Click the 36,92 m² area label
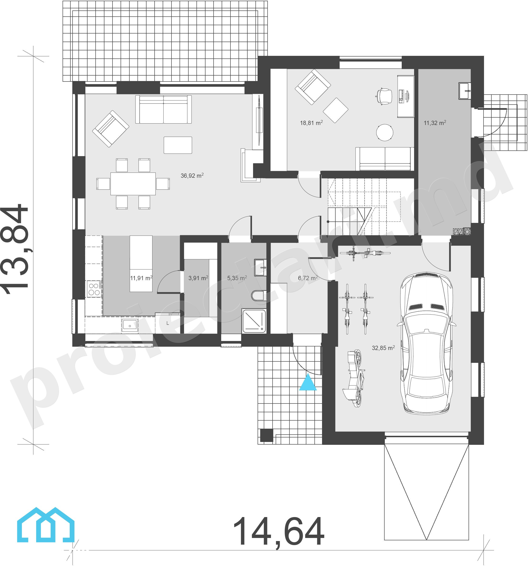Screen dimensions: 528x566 point(192,175)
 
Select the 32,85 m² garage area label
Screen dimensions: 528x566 point(383,348)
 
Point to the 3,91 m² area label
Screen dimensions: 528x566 point(198,278)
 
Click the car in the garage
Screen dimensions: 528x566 point(426,343)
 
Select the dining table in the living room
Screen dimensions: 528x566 point(133,184)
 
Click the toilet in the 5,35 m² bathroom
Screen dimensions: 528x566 point(259,295)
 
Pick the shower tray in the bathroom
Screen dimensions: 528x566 point(254,321)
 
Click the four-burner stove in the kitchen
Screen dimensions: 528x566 point(94,289)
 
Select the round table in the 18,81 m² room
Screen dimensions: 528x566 point(385,132)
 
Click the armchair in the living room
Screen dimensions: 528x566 point(111,129)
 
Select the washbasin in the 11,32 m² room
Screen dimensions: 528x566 point(464,91)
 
